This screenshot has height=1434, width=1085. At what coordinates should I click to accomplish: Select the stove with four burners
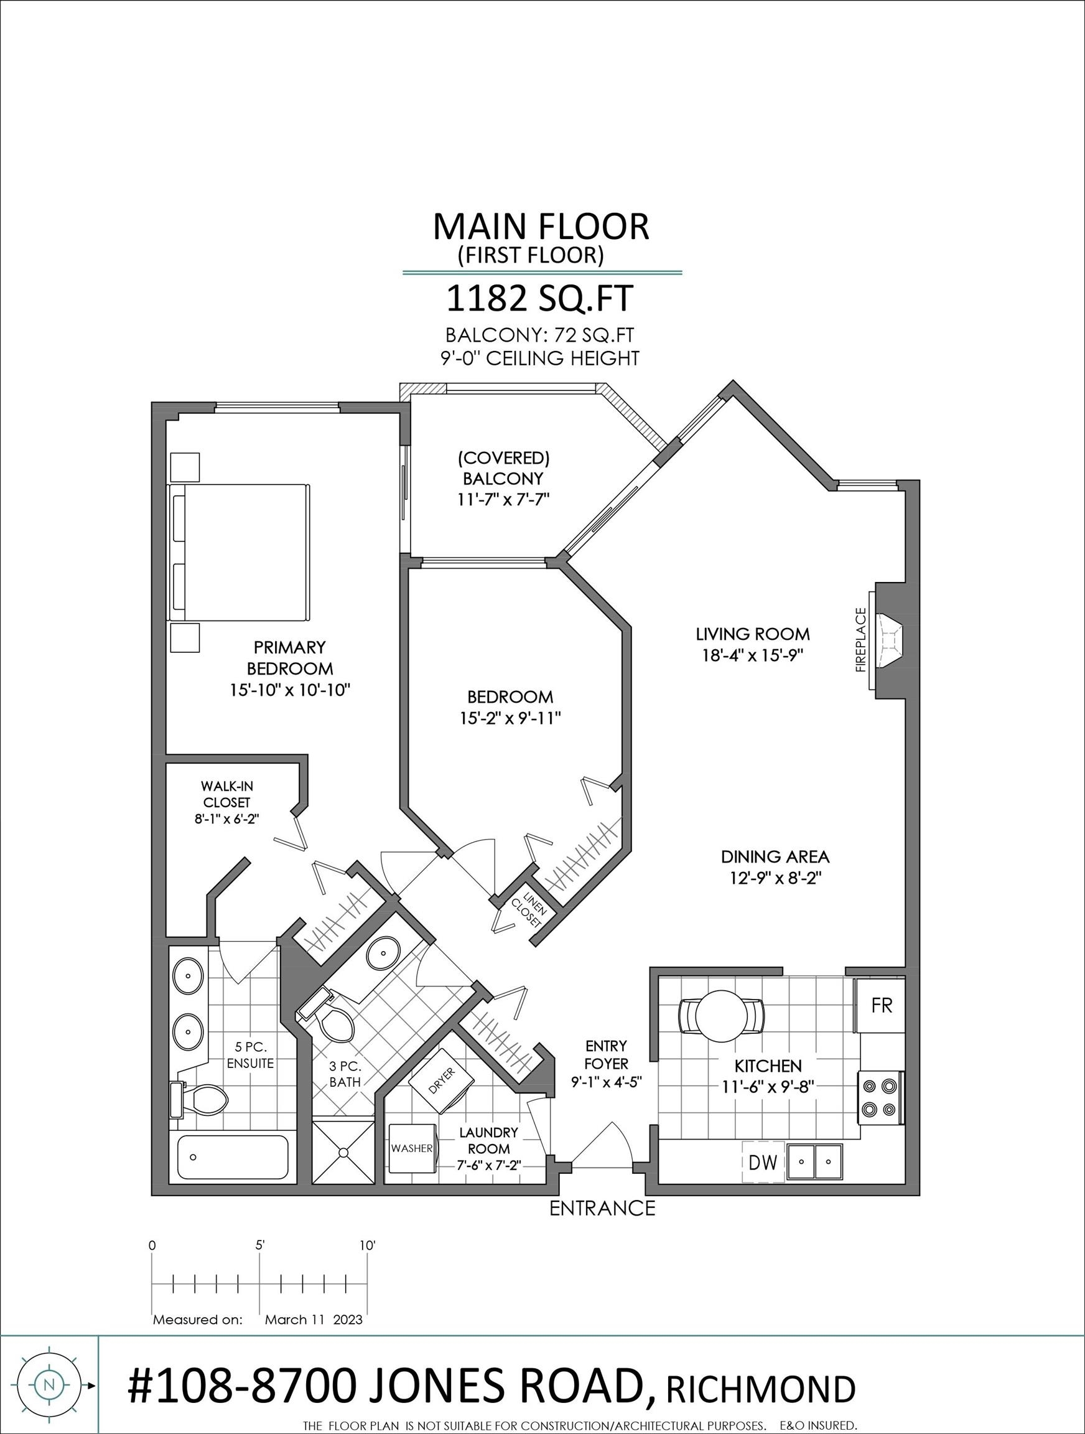pos(881,1097)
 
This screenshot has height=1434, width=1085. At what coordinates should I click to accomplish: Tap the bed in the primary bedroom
pos(238,551)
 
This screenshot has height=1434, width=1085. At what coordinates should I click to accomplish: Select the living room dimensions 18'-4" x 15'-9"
pos(753,655)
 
